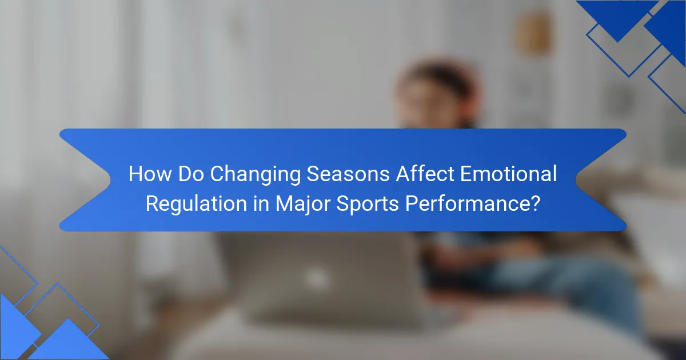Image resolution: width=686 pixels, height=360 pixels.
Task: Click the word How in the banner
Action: (x=150, y=174)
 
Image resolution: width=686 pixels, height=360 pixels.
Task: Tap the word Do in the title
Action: (x=191, y=174)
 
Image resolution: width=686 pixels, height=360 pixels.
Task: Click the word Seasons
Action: (x=348, y=174)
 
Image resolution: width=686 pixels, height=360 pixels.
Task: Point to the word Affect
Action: (x=425, y=174)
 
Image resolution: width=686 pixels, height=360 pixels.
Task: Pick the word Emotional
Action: (x=508, y=174)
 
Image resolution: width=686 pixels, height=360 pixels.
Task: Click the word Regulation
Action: (x=196, y=203)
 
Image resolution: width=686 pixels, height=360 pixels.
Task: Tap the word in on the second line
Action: (x=261, y=203)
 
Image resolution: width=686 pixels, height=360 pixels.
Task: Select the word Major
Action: (x=303, y=205)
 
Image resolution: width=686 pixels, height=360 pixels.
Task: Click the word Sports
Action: (x=368, y=205)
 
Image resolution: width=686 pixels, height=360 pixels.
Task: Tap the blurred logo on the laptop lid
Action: (x=317, y=278)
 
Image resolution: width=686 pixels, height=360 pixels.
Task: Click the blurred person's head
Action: (x=436, y=92)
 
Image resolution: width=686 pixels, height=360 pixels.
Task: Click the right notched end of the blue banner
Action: (x=601, y=180)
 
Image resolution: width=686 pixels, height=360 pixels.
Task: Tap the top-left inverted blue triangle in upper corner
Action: (x=617, y=15)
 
